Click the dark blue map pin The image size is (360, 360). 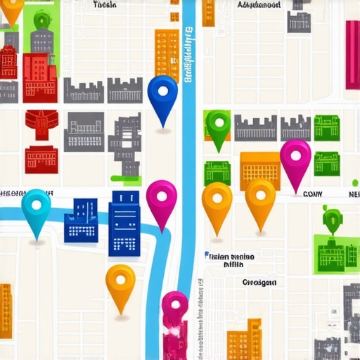[x=163, y=94]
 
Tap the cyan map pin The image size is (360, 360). [x=36, y=207]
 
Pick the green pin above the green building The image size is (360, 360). [x=331, y=219]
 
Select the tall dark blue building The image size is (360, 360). [x=124, y=223]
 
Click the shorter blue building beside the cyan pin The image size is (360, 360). [x=81, y=220]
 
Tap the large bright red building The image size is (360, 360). [x=39, y=77]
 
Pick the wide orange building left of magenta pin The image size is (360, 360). [x=259, y=169]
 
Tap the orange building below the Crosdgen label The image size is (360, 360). [x=244, y=340]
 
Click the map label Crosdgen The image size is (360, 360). [x=259, y=282]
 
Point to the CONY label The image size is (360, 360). [x=312, y=193]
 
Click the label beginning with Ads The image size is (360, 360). [x=259, y=5]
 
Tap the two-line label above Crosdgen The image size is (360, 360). [x=230, y=260]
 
